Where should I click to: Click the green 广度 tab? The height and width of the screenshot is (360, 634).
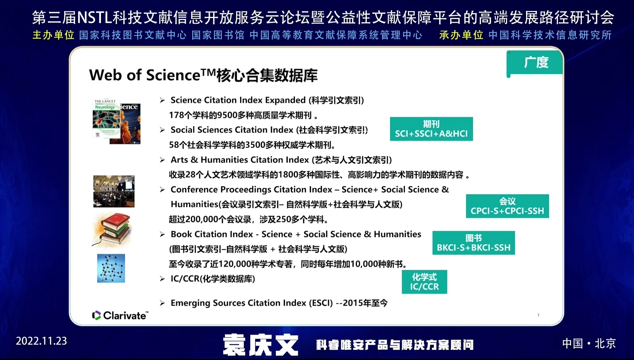click(x=535, y=62)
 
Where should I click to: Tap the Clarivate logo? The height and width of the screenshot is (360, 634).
click(x=120, y=315)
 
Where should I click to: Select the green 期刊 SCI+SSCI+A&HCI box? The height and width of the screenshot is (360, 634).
click(x=431, y=129)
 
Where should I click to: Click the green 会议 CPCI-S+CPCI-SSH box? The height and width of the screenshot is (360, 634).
click(x=507, y=206)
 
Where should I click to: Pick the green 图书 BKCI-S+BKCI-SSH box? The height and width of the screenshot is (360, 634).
click(x=473, y=243)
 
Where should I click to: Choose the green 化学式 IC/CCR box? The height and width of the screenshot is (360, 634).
click(x=424, y=282)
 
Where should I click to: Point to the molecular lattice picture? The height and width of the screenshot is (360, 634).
click(x=111, y=268)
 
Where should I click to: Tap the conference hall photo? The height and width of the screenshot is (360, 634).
click(x=114, y=191)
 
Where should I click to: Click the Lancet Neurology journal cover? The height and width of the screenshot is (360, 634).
click(x=106, y=118)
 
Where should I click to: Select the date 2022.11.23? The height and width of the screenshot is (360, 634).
click(x=41, y=341)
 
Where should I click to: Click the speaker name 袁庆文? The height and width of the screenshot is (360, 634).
click(x=260, y=345)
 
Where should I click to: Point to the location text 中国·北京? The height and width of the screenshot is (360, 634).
click(x=589, y=343)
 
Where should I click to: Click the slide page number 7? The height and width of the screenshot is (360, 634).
click(x=538, y=315)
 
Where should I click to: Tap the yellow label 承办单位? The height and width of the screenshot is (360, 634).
click(x=461, y=35)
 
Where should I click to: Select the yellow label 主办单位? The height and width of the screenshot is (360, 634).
click(x=53, y=35)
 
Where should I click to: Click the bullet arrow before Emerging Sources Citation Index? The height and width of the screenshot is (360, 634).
click(x=162, y=303)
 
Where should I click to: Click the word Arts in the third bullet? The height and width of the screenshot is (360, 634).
click(x=179, y=160)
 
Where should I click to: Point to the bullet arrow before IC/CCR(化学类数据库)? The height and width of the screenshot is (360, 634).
click(x=162, y=279)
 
